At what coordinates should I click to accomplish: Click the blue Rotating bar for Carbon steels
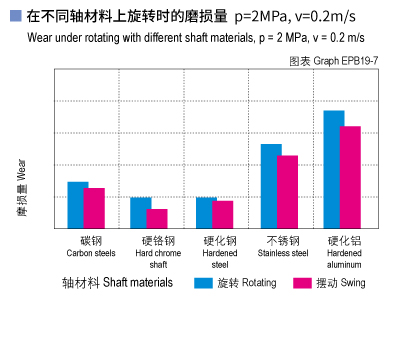[x=77, y=205]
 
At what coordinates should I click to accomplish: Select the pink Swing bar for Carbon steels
[x=94, y=208]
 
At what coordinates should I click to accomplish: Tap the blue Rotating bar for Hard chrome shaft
[x=140, y=213]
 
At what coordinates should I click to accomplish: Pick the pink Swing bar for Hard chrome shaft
[x=157, y=219]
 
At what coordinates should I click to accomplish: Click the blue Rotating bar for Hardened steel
[x=205, y=213]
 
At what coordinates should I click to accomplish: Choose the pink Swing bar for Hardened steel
[x=222, y=215]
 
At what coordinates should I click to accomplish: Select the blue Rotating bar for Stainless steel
[x=271, y=186]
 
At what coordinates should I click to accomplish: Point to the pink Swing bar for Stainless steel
[x=288, y=192]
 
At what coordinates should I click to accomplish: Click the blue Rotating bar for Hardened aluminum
[x=334, y=169]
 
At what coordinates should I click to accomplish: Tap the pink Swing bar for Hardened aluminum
[x=350, y=177]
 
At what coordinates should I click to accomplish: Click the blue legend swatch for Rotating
[x=203, y=283]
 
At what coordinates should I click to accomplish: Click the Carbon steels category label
[x=91, y=247]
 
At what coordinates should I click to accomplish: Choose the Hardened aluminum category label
[x=344, y=253]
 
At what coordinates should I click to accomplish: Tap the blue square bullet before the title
[x=15, y=17]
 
